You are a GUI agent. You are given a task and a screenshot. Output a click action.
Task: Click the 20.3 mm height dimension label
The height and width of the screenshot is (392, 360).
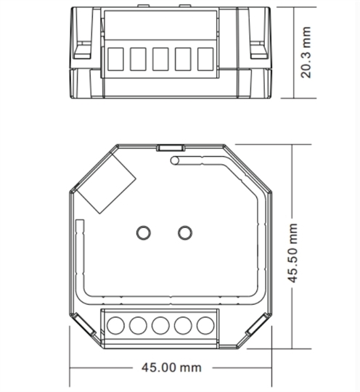click(x=306, y=52)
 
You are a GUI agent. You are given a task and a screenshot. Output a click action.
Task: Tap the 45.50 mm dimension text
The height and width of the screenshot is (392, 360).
click(x=292, y=253)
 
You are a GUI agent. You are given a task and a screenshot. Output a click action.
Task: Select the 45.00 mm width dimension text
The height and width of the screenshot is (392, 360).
click(x=171, y=367)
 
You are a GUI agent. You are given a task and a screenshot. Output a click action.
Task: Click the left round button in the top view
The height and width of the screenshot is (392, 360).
click(x=144, y=233)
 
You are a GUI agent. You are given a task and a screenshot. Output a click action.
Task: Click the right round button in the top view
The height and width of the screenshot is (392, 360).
click(x=185, y=233)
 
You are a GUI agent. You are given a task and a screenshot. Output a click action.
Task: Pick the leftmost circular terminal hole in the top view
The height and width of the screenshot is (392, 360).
click(x=115, y=325)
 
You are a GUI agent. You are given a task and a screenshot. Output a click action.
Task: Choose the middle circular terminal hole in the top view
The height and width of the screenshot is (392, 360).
click(x=160, y=325)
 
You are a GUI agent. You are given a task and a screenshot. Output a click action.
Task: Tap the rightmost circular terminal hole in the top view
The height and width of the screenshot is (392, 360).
click(x=205, y=325)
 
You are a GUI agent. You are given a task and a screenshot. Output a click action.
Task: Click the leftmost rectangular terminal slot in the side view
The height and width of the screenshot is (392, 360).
click(x=115, y=59)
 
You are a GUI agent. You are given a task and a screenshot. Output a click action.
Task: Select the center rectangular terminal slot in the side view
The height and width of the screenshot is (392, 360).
click(x=160, y=59)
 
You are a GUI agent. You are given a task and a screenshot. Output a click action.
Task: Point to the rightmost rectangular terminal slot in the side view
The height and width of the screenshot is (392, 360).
click(x=205, y=59)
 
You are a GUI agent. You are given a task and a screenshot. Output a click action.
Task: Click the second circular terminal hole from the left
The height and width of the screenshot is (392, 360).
click(x=138, y=325)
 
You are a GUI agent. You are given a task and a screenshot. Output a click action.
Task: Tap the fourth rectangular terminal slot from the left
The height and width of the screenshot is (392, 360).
click(x=183, y=59)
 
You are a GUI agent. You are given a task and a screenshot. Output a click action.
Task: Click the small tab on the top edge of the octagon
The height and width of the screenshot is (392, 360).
click(x=171, y=148)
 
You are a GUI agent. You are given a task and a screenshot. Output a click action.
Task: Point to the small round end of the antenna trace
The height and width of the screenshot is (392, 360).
click(x=175, y=160)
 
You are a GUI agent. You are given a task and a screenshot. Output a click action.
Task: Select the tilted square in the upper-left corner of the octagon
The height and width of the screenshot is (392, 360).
click(x=106, y=182)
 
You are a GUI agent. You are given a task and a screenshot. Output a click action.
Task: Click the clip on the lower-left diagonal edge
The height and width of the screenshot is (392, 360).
click(x=84, y=324)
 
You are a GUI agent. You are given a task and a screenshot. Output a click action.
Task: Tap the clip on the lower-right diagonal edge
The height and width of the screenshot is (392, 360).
click(x=257, y=324)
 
